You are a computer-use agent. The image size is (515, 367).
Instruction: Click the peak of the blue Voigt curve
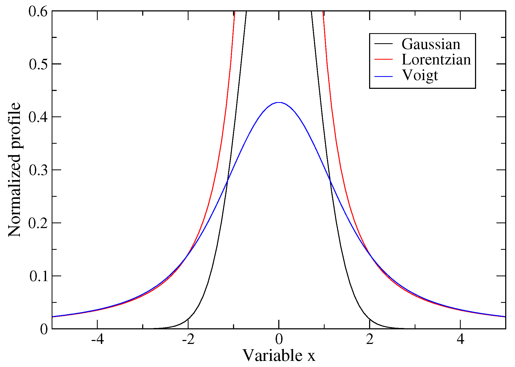click(x=279, y=102)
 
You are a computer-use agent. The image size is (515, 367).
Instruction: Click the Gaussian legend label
click(x=431, y=44)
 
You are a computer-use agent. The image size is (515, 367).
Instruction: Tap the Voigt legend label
click(x=420, y=75)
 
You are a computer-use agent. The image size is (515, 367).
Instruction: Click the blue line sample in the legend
click(x=383, y=76)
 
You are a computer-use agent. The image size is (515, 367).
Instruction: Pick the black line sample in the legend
click(x=383, y=43)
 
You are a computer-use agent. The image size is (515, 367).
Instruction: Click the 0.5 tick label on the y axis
click(x=38, y=64)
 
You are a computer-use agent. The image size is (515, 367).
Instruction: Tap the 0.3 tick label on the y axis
click(x=38, y=170)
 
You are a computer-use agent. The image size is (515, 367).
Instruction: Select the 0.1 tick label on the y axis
click(x=38, y=276)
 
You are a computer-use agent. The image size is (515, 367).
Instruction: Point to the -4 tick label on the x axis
click(x=97, y=339)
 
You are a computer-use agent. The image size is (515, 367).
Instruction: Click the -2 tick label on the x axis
click(x=188, y=339)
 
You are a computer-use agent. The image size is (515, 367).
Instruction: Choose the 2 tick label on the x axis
click(x=370, y=339)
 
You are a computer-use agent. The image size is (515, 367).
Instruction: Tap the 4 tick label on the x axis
click(x=460, y=339)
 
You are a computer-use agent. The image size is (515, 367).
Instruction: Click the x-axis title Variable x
click(x=279, y=355)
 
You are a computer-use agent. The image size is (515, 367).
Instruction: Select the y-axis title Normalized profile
click(x=14, y=170)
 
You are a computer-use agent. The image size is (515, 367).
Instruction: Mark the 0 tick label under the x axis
click(x=279, y=339)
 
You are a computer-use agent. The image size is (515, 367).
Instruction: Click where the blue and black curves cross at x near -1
click(x=227, y=181)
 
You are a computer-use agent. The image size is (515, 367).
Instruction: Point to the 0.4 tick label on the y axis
click(x=38, y=117)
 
